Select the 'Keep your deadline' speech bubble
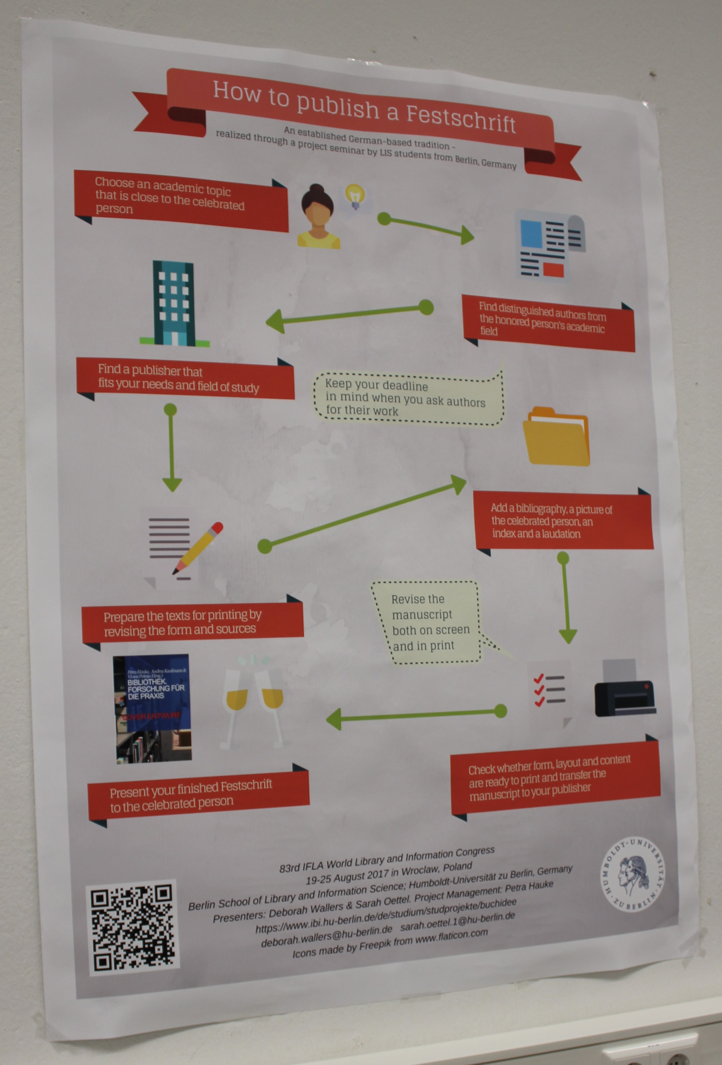point(408,397)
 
